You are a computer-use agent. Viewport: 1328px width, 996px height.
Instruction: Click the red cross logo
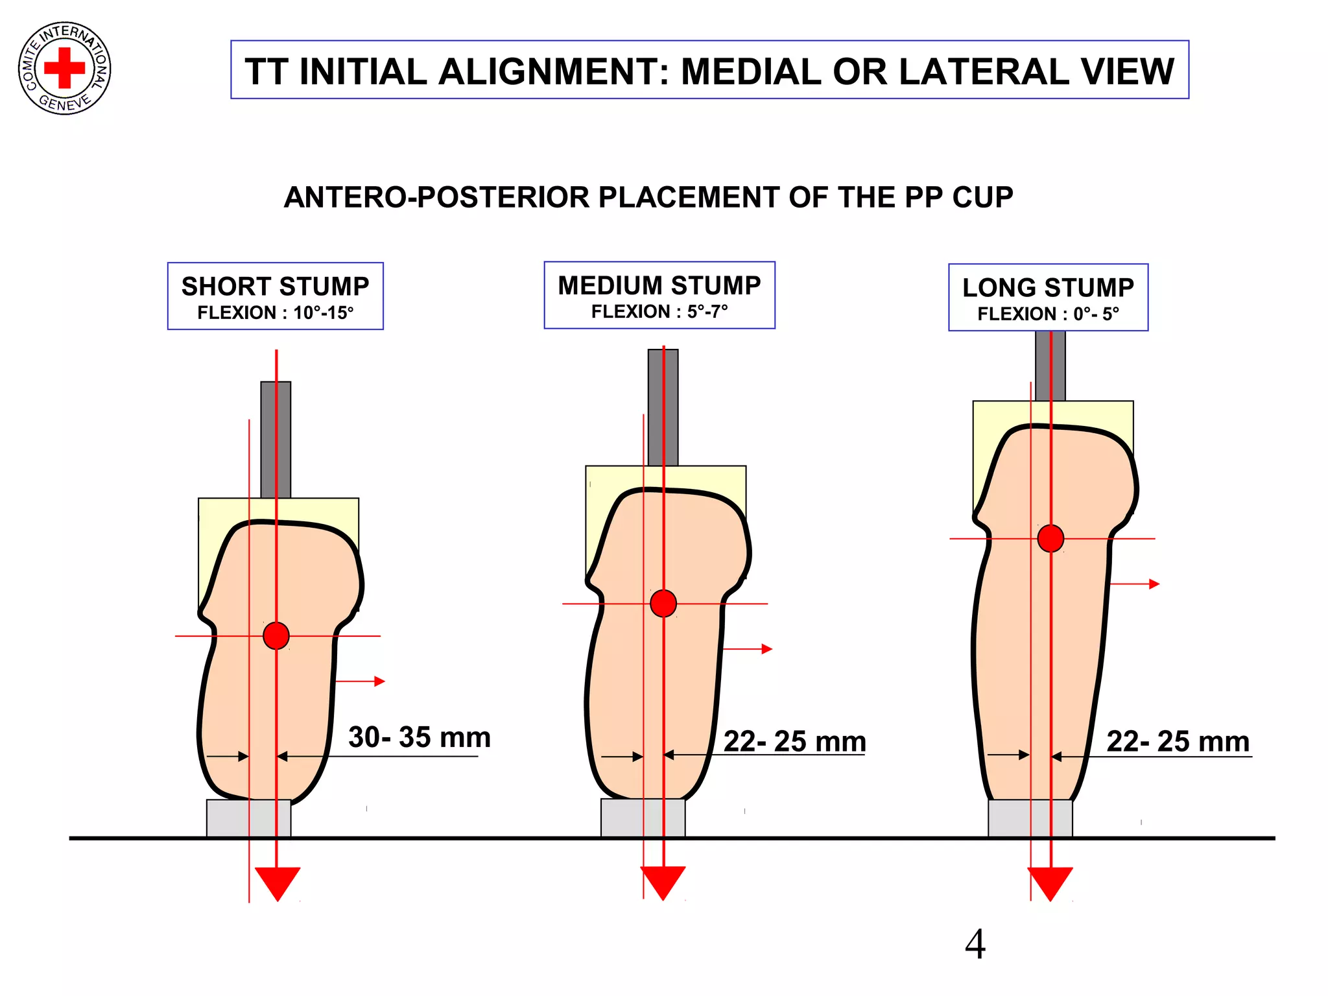[64, 68]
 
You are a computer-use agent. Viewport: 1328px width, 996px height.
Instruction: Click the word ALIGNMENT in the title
[548, 71]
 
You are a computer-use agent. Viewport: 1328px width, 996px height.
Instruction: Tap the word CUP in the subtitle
[982, 197]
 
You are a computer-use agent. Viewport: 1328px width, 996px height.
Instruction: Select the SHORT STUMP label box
[275, 296]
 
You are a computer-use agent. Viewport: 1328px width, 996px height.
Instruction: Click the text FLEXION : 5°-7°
[659, 312]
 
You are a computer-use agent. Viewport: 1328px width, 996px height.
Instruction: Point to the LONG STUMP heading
[1048, 287]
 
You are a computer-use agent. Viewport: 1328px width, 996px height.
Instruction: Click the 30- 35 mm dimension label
[420, 737]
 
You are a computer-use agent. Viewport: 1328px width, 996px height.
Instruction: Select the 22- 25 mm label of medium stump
[794, 741]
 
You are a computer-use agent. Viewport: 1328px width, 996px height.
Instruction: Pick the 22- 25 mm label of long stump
[1178, 741]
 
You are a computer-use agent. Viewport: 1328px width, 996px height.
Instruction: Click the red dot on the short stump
[276, 635]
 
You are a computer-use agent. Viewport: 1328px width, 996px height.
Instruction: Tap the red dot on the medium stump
[663, 604]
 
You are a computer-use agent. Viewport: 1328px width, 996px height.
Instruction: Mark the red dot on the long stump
[1050, 538]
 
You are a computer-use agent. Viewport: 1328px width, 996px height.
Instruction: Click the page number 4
[975, 944]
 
